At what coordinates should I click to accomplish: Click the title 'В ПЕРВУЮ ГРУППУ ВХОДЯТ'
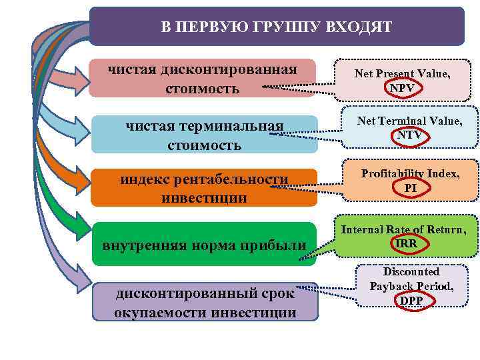[277, 27]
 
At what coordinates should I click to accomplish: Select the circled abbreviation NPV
[402, 87]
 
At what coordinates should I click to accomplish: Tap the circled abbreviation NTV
[409, 135]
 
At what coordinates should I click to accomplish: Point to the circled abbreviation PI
[411, 187]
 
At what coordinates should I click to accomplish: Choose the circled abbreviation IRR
[406, 243]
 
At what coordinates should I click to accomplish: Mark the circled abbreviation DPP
[411, 300]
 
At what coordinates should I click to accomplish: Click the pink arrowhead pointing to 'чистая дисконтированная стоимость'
[79, 79]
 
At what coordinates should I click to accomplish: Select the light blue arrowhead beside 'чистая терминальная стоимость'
[79, 134]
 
